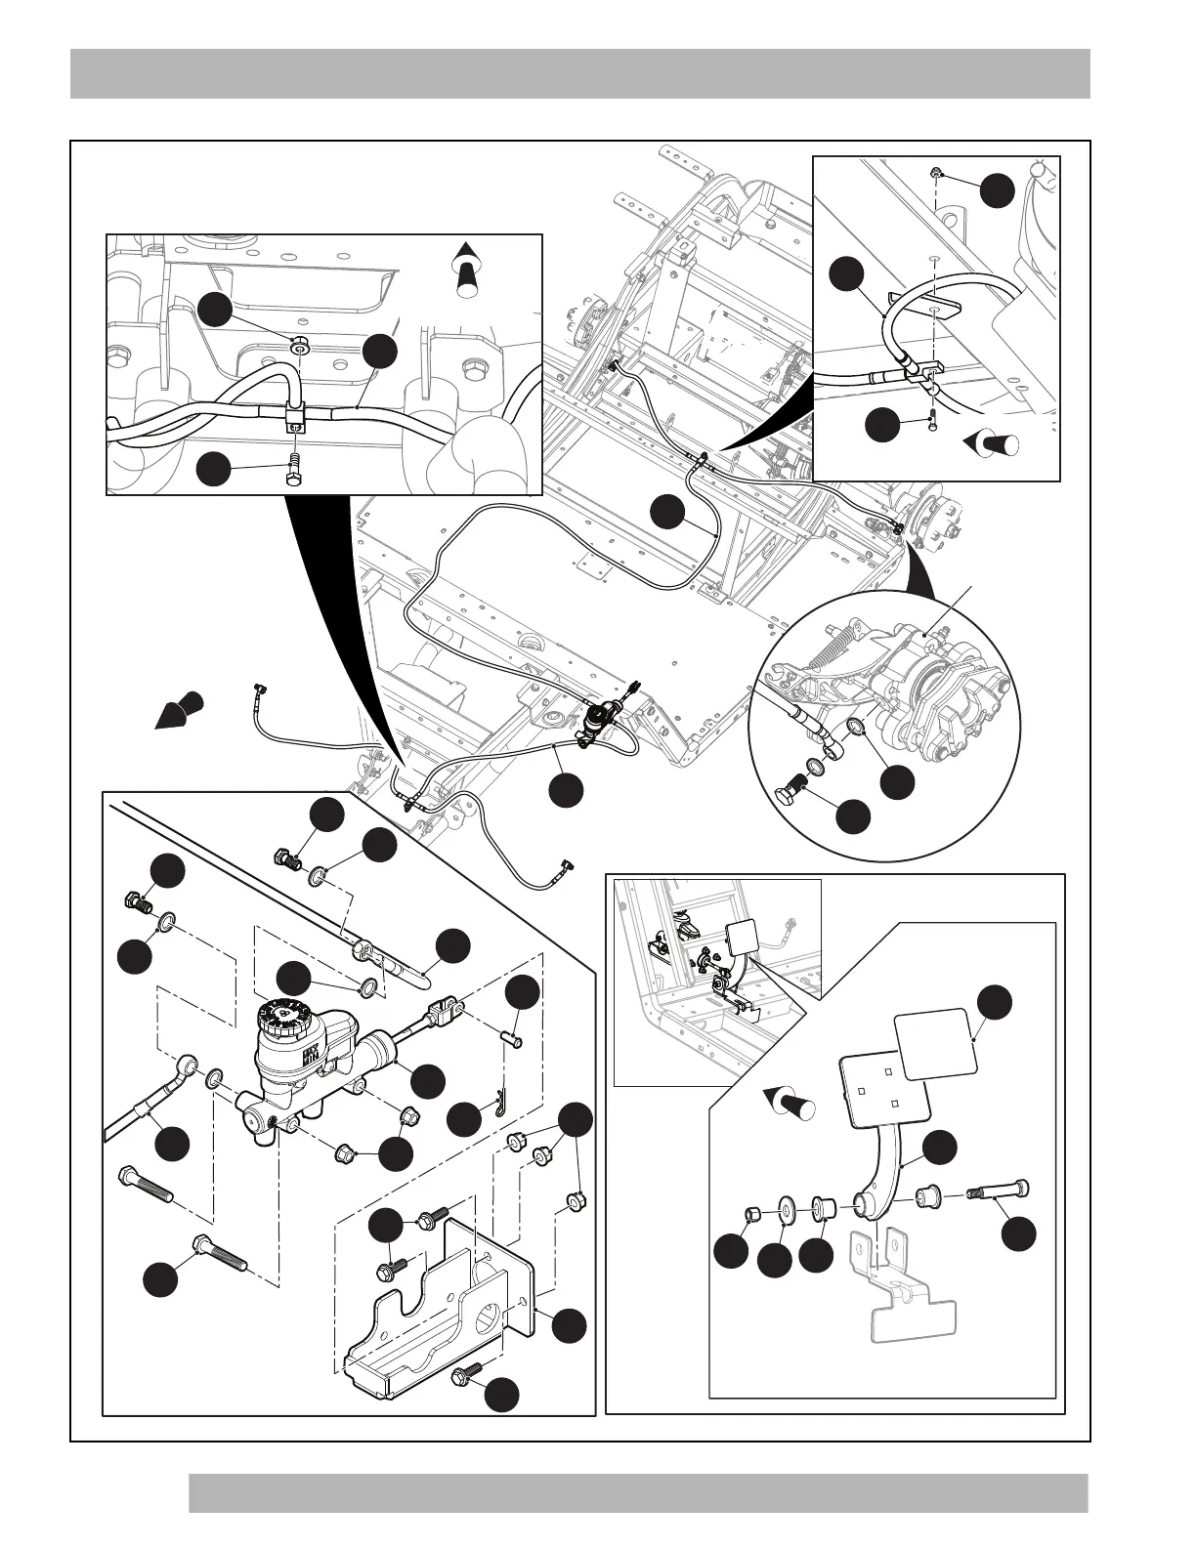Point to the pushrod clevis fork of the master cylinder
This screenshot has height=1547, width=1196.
click(446, 1007)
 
